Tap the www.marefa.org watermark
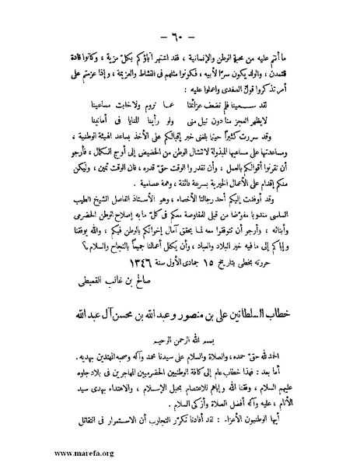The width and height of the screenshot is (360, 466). (44, 450)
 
